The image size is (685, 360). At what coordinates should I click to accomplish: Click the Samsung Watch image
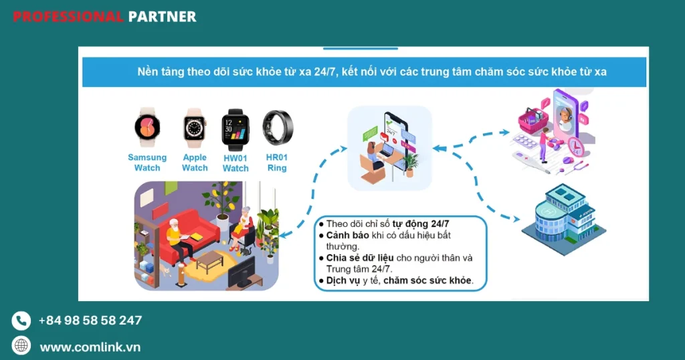[x=147, y=127]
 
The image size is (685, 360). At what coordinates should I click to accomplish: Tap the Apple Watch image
[x=195, y=128]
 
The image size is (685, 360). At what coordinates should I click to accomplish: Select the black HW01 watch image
[x=235, y=130]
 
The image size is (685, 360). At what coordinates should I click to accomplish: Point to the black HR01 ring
[x=278, y=128]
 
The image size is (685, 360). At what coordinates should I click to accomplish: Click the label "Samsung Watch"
[x=147, y=163]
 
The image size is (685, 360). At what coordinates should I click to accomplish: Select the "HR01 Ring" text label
[x=277, y=163]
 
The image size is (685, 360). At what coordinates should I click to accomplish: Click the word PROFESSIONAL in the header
[x=68, y=17]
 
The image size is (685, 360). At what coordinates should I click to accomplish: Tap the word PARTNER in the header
[x=163, y=17]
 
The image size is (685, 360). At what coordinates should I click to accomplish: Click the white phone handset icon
[x=21, y=321]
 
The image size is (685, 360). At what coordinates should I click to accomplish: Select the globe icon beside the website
[x=21, y=345]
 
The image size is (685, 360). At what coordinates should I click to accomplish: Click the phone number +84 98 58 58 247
[x=90, y=321]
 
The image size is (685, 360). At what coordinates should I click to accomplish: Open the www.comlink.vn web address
[x=90, y=347]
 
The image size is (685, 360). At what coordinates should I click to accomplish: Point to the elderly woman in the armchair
[x=243, y=228]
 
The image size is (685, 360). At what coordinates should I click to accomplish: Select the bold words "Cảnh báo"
[x=347, y=236]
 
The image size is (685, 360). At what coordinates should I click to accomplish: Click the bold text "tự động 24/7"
[x=420, y=224]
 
